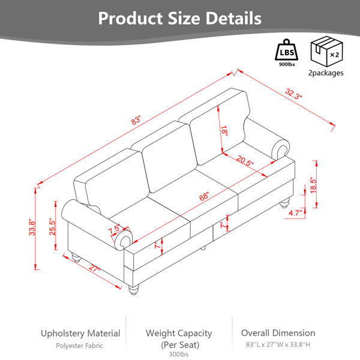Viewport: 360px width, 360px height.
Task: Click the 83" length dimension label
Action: coord(136,121)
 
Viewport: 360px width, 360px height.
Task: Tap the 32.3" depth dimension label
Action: coord(293,94)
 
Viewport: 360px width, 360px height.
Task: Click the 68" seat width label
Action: coord(204,197)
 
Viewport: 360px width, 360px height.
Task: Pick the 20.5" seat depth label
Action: coord(245,161)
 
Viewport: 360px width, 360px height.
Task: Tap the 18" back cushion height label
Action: coord(224,131)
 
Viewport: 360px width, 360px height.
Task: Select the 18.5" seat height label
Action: coord(313,185)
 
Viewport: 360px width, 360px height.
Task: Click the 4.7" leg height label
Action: coord(295,213)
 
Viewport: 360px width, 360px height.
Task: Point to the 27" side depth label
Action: coord(95,268)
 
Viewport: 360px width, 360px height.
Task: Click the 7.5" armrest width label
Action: coord(114,230)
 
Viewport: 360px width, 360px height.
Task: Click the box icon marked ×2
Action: coord(326,52)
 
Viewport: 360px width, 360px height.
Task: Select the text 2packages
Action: coord(326,73)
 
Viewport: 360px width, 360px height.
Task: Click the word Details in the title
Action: coord(233,18)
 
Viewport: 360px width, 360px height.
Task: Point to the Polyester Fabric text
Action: coord(79,346)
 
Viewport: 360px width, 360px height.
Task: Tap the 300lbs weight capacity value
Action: coord(179,354)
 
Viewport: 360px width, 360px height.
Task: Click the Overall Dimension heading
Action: coord(278,333)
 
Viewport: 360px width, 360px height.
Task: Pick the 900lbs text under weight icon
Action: coord(287,65)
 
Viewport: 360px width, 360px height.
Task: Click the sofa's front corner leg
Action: coord(133,290)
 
